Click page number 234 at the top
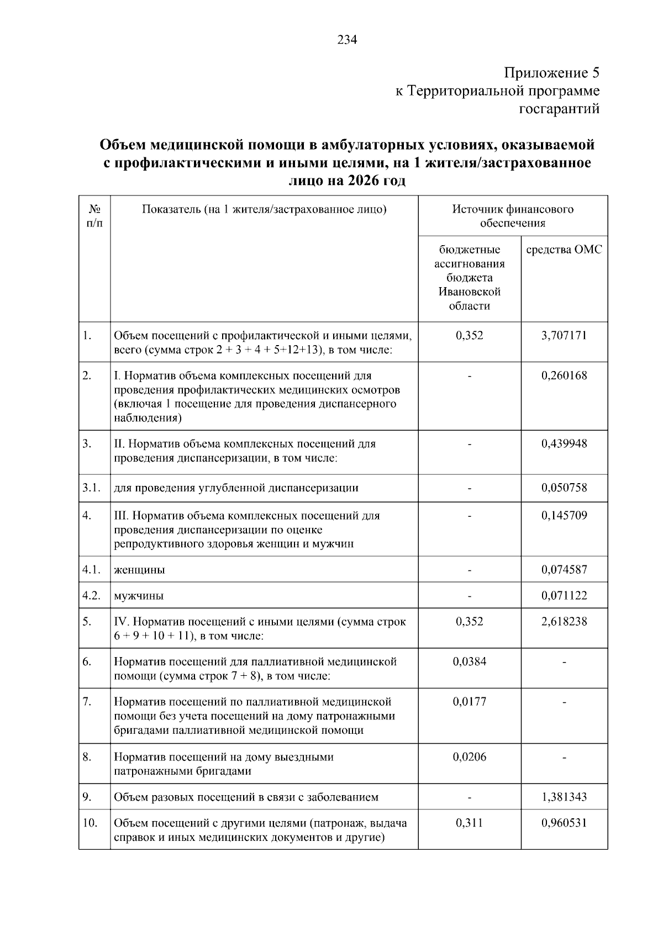pyautogui.click(x=348, y=40)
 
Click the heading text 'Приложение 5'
pyautogui.click(x=551, y=73)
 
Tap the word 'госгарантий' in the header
pyautogui.click(x=559, y=109)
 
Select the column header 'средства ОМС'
pyautogui.click(x=564, y=250)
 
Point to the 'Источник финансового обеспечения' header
pyautogui.click(x=513, y=216)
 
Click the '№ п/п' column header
pyautogui.click(x=94, y=216)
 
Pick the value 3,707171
pyautogui.click(x=564, y=335)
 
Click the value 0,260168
pyautogui.click(x=564, y=375)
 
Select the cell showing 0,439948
pyautogui.click(x=564, y=443)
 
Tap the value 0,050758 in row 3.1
pyautogui.click(x=564, y=488)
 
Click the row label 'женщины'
pyautogui.click(x=139, y=570)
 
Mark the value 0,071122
pyautogui.click(x=564, y=595)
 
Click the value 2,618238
pyautogui.click(x=564, y=621)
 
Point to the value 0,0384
pyautogui.click(x=470, y=661)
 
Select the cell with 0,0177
pyautogui.click(x=470, y=701)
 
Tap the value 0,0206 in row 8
pyautogui.click(x=470, y=756)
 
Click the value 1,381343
pyautogui.click(x=564, y=797)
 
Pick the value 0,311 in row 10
pyautogui.click(x=470, y=823)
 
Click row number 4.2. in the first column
pyautogui.click(x=91, y=595)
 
